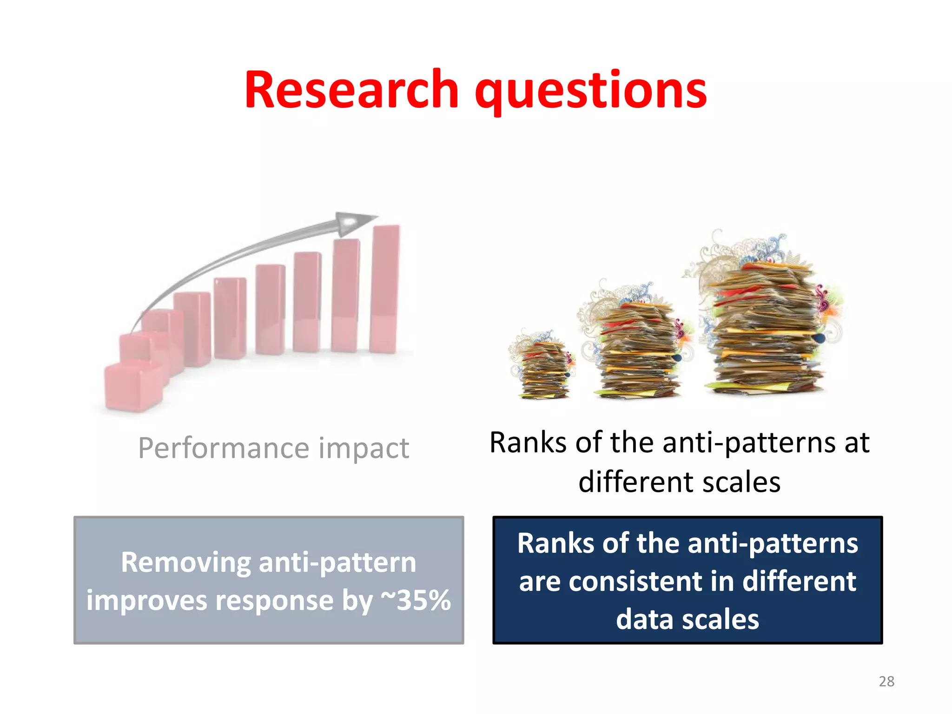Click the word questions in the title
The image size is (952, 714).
click(x=590, y=91)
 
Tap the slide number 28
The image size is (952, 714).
click(x=886, y=681)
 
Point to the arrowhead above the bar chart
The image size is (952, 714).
click(x=353, y=222)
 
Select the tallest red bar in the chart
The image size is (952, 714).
click(x=385, y=288)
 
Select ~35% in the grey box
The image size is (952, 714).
click(x=416, y=600)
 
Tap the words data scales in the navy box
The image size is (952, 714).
click(x=688, y=620)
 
